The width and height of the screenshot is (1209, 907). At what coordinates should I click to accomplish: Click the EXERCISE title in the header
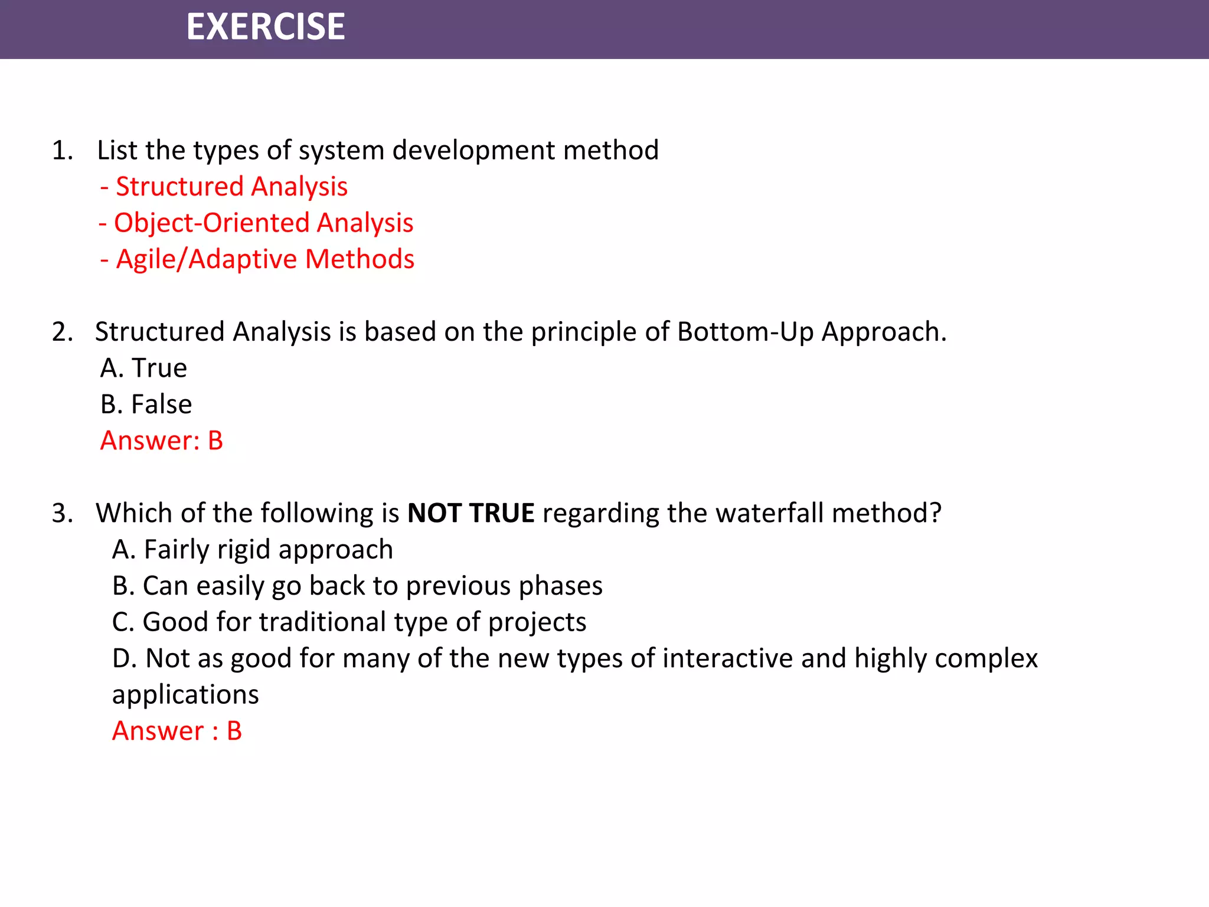(x=266, y=27)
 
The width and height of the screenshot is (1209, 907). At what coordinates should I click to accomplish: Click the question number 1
(x=62, y=151)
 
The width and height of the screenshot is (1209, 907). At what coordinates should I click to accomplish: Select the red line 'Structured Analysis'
(x=224, y=187)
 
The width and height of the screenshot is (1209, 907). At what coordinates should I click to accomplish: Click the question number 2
(x=62, y=332)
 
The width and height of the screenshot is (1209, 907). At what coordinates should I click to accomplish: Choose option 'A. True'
(x=143, y=368)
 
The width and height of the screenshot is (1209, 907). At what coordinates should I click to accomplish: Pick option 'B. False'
(x=146, y=404)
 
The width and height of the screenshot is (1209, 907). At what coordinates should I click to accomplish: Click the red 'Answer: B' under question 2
(x=162, y=441)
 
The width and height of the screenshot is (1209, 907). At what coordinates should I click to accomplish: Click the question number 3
(x=62, y=513)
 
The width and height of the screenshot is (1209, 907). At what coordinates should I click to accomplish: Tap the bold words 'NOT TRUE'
(x=470, y=513)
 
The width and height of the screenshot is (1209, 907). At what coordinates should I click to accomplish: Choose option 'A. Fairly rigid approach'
(x=253, y=550)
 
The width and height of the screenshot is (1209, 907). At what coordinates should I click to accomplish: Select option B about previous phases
(x=357, y=586)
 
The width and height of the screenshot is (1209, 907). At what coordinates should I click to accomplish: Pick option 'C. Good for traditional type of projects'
(x=349, y=622)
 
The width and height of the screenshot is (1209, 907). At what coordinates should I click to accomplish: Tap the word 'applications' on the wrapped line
(x=185, y=696)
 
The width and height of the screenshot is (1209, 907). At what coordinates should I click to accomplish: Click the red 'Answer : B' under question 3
(x=177, y=731)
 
